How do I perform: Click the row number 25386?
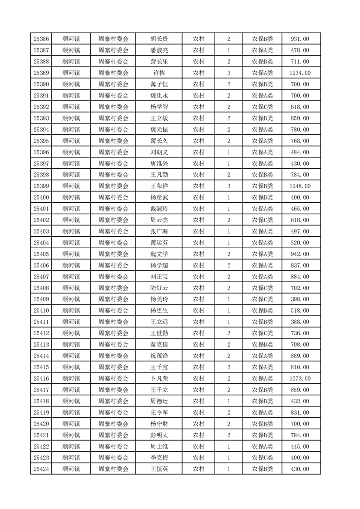41,39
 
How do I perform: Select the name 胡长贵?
159,39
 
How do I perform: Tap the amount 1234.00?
300,73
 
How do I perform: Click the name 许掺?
159,73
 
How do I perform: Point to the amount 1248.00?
300,186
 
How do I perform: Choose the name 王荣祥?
159,186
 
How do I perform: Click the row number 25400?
41,197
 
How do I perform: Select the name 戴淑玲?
159,209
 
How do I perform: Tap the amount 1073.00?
300,378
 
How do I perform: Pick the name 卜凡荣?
159,378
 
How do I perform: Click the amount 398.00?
300,299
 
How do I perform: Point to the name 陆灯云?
159,288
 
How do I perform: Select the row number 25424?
41,469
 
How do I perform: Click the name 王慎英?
159,469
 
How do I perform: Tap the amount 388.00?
300,322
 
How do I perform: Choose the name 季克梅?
159,458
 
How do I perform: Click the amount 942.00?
300,254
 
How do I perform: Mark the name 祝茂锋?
159,356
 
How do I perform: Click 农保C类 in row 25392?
262,107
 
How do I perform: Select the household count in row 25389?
229,73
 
